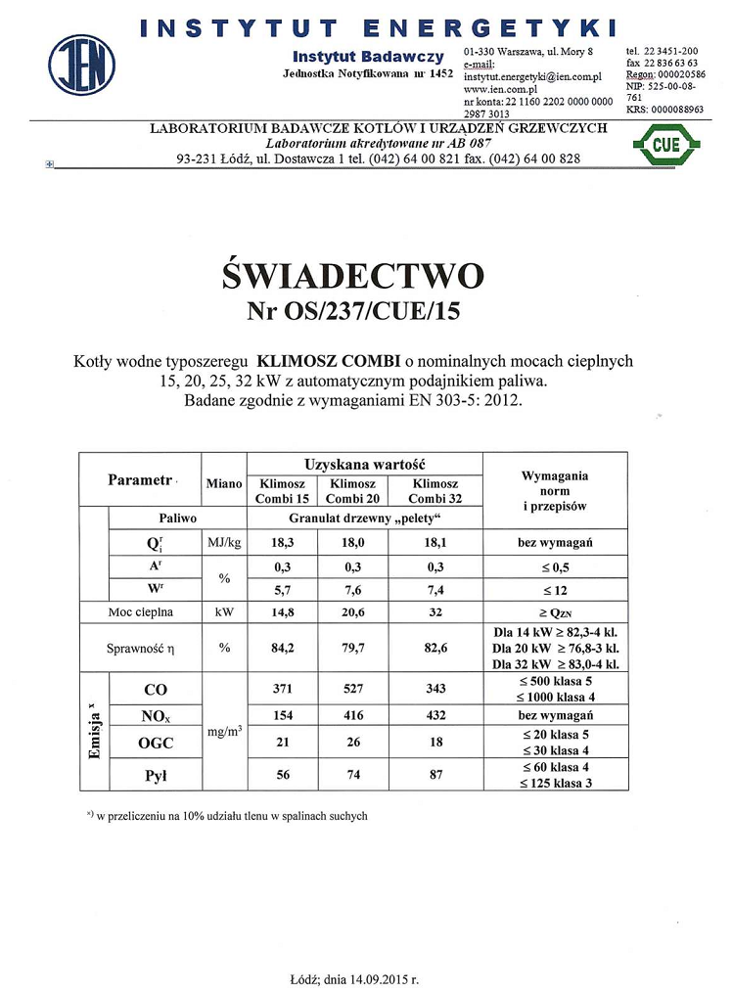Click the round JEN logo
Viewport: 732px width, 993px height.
click(x=82, y=64)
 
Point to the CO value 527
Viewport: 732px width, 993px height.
click(x=350, y=690)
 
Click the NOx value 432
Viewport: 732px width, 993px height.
click(x=435, y=716)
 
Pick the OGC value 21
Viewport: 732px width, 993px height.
click(x=283, y=744)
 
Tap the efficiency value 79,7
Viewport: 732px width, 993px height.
click(x=350, y=648)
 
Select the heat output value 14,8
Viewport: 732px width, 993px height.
click(x=283, y=612)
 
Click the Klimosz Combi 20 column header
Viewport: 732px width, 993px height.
click(x=350, y=491)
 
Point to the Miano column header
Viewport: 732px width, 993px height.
click(x=224, y=483)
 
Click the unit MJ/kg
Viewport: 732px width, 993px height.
click(x=224, y=542)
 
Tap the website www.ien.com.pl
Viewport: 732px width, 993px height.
click(x=496, y=88)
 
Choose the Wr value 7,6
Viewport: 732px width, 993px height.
click(x=350, y=590)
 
